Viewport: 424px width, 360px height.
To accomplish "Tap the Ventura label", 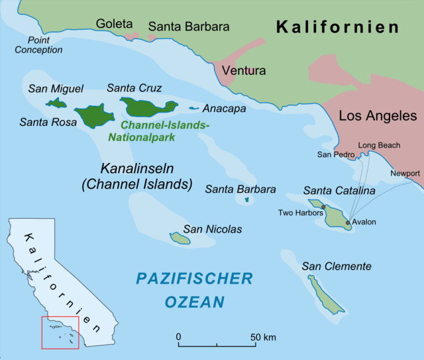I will tap(244, 70).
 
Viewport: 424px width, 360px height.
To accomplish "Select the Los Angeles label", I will tap(378, 115).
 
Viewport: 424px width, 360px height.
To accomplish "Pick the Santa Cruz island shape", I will tap(148, 106).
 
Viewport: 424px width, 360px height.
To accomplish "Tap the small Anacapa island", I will tap(194, 108).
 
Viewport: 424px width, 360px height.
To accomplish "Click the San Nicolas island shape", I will tap(180, 237).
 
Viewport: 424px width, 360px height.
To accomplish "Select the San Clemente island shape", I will tap(326, 294).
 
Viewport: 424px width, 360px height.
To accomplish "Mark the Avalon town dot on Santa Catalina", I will tap(348, 222).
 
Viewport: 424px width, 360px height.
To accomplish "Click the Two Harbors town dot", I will tap(323, 207).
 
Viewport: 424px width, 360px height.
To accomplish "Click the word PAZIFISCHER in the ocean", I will tap(194, 278).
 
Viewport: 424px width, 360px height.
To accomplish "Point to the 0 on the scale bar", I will tap(179, 337).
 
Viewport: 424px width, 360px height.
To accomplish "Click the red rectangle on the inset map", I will tap(60, 332).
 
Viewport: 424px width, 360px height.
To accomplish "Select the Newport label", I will tap(405, 173).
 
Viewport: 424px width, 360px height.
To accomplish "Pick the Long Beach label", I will tap(379, 145).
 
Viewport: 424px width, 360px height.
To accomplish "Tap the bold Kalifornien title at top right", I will tap(337, 27).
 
